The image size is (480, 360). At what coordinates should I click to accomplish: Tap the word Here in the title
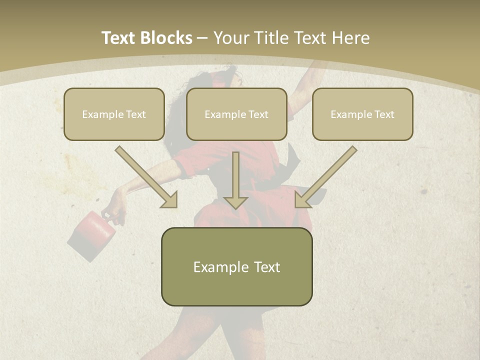(x=349, y=38)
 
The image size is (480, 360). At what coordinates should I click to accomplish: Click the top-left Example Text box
(x=114, y=114)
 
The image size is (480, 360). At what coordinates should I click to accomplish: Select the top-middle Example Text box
(x=236, y=114)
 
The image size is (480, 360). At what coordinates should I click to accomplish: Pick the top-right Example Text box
(x=362, y=114)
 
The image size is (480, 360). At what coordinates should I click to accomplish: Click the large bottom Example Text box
(x=236, y=267)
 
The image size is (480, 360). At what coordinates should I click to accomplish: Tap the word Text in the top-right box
(x=384, y=114)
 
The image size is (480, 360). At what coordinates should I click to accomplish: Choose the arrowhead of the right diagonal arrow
(x=303, y=199)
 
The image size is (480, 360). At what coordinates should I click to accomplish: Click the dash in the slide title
(x=202, y=38)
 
